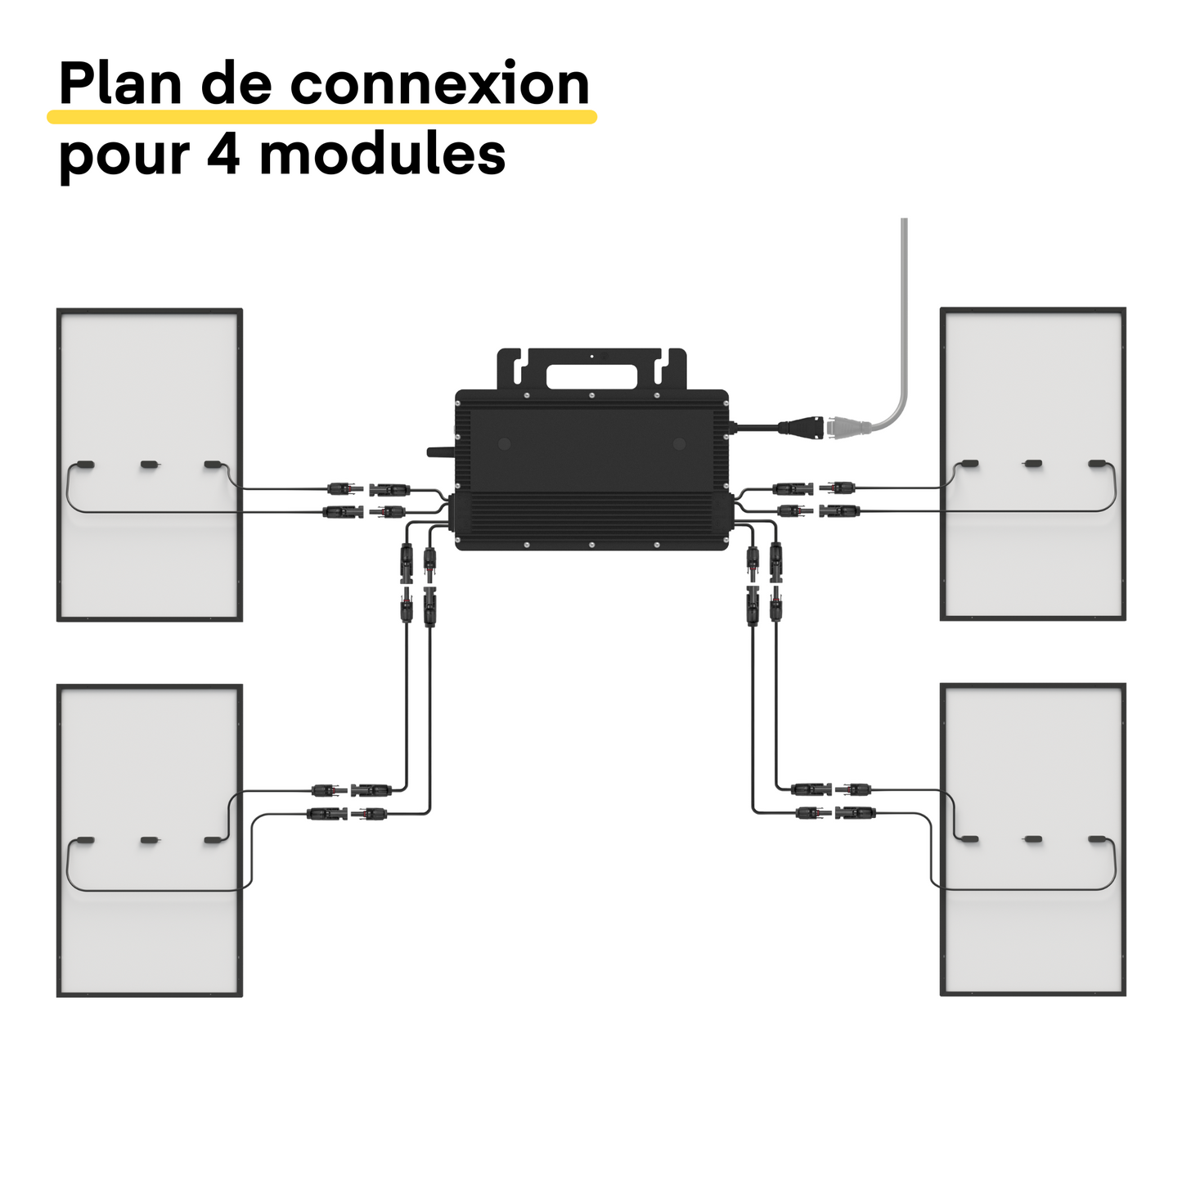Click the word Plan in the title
pyautogui.click(x=120, y=84)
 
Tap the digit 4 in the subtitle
pyautogui.click(x=223, y=154)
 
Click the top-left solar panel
pyautogui.click(x=150, y=376)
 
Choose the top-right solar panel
pyautogui.click(x=1033, y=376)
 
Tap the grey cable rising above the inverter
pyautogui.click(x=904, y=311)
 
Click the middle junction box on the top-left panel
pyautogui.click(x=149, y=465)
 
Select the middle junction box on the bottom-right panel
pyautogui.click(x=1034, y=840)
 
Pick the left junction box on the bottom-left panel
pyautogui.click(x=86, y=840)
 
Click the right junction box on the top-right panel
pyautogui.click(x=1097, y=465)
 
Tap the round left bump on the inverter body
pyautogui.click(x=505, y=444)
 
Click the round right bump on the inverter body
pyautogui.click(x=678, y=444)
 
